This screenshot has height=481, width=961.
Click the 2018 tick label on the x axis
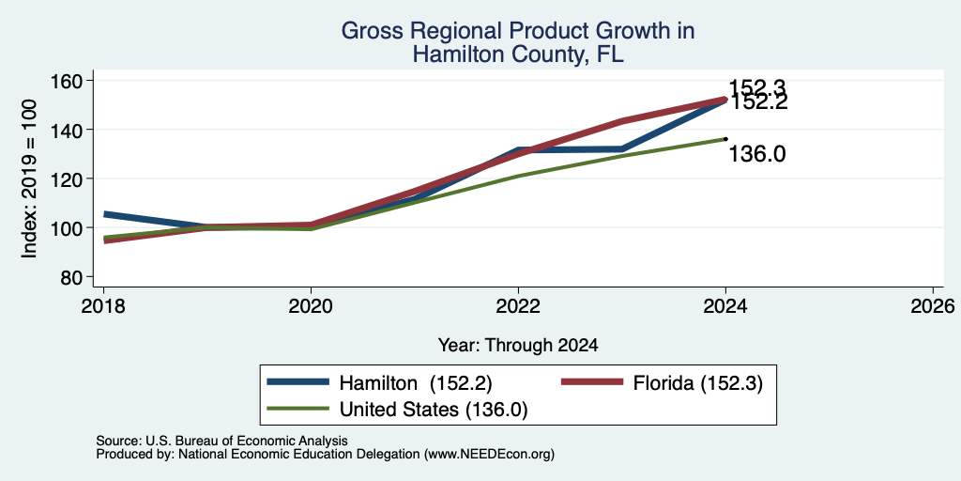click(103, 305)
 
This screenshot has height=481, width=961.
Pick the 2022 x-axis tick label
click(518, 305)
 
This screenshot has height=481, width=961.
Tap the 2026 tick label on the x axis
click(933, 305)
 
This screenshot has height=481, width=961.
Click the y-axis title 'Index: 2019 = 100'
click(29, 178)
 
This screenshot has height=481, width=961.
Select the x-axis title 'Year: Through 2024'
click(518, 346)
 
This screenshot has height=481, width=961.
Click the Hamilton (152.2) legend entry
click(380, 383)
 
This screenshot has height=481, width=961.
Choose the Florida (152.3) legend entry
click(663, 383)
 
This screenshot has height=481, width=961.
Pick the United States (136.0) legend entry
click(398, 410)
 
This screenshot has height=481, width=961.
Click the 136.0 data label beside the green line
click(757, 155)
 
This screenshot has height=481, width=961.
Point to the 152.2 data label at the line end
click(758, 102)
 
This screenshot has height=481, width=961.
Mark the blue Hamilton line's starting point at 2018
click(104, 214)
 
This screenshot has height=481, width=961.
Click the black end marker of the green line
click(725, 139)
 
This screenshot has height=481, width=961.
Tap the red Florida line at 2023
click(622, 121)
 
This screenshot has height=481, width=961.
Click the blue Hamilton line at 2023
click(622, 148)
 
